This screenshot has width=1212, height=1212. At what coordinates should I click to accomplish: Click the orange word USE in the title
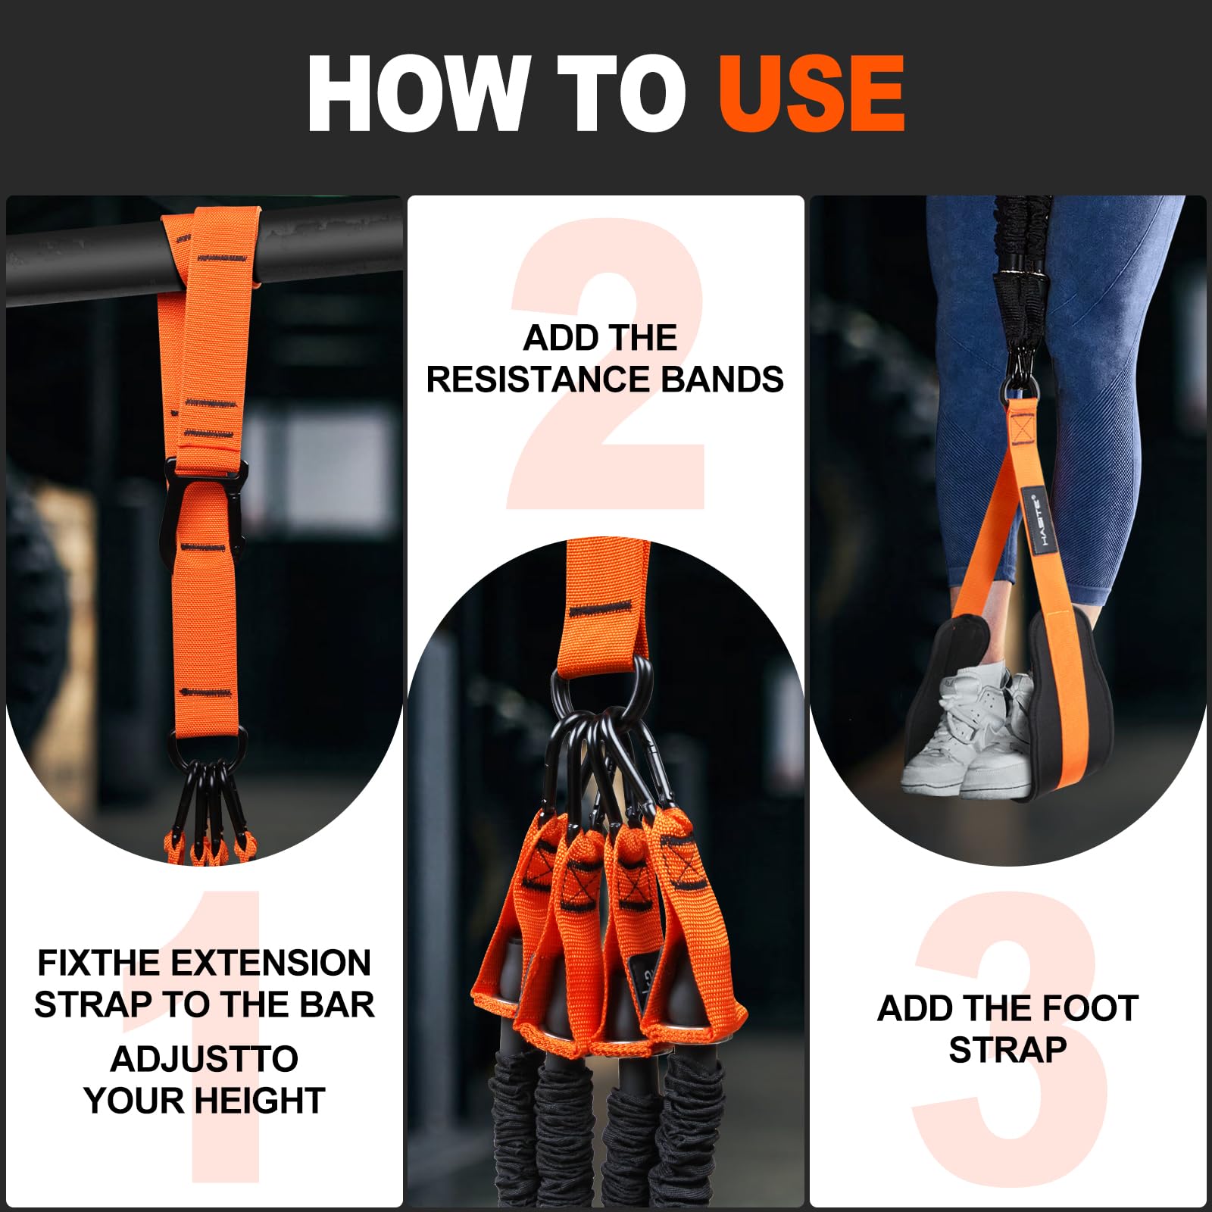click(811, 95)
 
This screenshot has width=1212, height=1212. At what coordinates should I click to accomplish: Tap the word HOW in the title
click(417, 95)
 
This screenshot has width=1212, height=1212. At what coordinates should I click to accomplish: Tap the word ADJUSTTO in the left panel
click(205, 1059)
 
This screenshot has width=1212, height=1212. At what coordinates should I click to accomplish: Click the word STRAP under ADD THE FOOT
click(1007, 1051)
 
